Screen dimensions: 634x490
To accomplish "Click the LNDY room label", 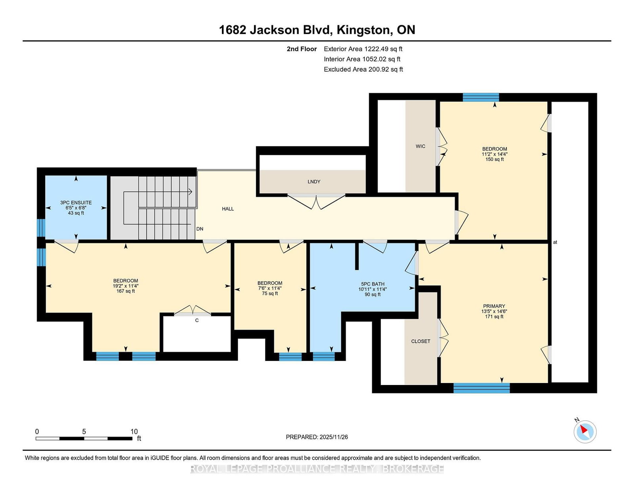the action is [x=314, y=182].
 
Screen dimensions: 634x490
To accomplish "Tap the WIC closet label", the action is [x=420, y=146].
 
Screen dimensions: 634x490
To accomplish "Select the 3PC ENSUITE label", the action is [x=76, y=202].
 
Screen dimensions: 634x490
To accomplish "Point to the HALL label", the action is [x=228, y=209].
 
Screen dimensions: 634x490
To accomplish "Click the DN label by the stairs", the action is [x=200, y=229].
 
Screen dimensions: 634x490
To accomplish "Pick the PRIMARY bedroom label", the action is [x=494, y=306].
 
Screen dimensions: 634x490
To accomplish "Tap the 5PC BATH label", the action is [x=372, y=284].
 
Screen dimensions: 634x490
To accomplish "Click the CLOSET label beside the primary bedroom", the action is [x=421, y=341].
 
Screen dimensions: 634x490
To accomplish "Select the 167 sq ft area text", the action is [x=126, y=291].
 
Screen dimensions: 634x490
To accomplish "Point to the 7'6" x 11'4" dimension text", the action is [x=270, y=288].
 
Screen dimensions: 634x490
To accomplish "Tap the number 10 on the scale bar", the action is [x=134, y=431].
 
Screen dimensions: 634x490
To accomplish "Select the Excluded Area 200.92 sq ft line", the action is [x=363, y=69].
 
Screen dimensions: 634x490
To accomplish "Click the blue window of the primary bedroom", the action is [x=482, y=388].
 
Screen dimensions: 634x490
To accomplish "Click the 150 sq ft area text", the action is [x=495, y=159].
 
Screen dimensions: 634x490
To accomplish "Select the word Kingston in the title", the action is [x=362, y=30].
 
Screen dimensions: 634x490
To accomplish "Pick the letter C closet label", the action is [x=197, y=320].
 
